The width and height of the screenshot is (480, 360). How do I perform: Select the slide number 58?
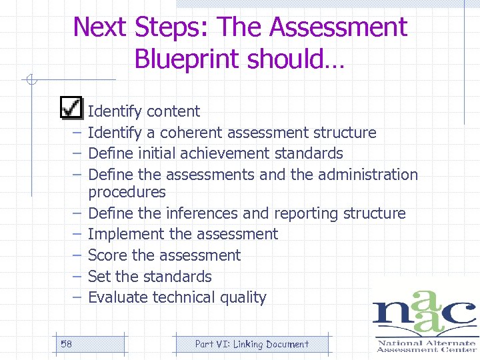point(66,344)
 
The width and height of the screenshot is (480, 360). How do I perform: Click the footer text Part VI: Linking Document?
point(251,344)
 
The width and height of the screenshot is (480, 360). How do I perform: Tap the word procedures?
point(127,192)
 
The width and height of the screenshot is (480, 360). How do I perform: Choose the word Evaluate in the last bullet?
point(118,297)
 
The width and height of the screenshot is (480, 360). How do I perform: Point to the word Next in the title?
point(101,27)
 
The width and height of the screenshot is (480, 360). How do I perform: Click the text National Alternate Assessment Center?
point(426,345)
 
